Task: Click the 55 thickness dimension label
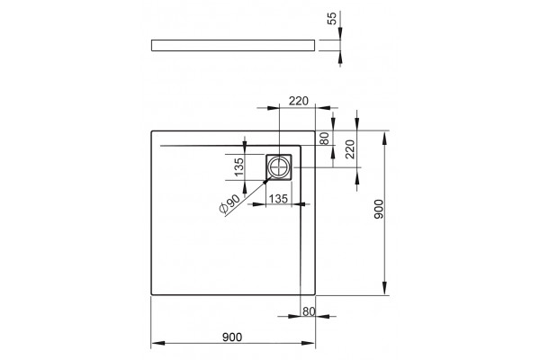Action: tap(331, 18)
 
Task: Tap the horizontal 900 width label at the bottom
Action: tap(232, 337)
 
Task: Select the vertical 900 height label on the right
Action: tap(379, 209)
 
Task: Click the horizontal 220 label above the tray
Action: tap(299, 101)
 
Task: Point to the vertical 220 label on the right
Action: tap(349, 148)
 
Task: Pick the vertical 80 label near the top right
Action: tap(325, 139)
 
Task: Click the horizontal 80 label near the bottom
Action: tap(309, 311)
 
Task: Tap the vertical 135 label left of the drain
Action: tap(238, 166)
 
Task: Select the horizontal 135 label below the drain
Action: tap(278, 199)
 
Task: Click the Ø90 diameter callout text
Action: tap(229, 204)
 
